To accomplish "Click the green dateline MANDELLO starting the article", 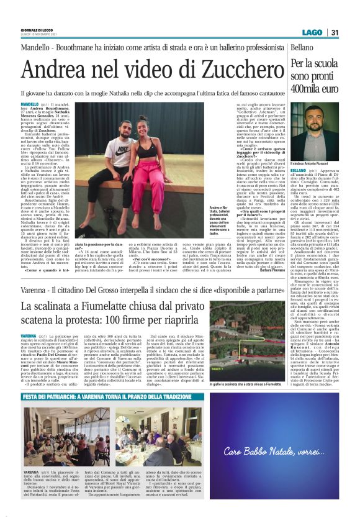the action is [x=29, y=104].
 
